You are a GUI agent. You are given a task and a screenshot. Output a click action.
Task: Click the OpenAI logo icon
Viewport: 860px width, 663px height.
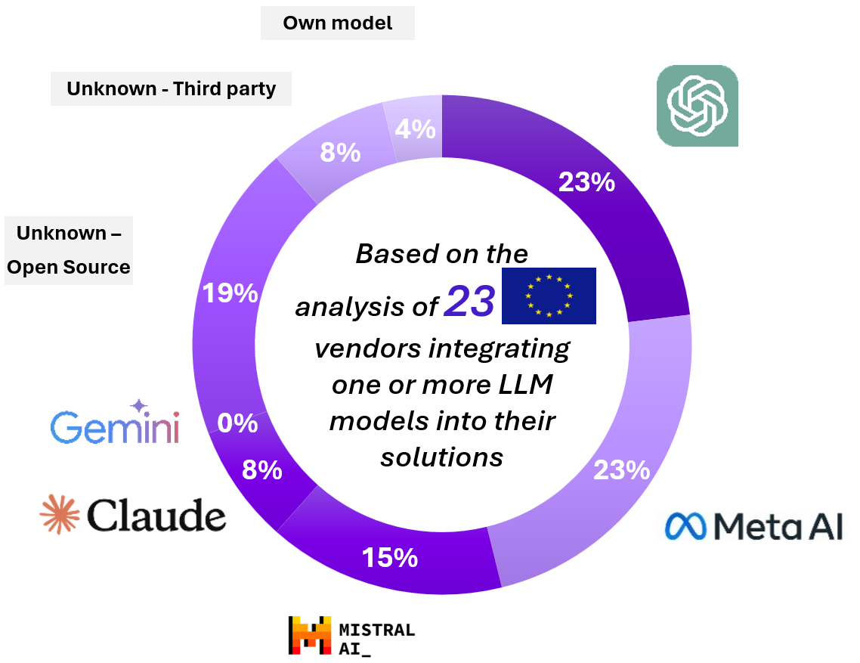697,105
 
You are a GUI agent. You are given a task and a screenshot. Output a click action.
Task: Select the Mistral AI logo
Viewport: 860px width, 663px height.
351,635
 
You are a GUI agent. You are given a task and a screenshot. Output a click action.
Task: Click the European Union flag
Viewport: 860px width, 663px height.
549,296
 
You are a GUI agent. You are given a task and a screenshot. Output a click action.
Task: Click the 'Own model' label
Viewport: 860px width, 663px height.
338,23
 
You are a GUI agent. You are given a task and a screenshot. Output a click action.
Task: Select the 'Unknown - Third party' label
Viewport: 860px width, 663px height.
172,88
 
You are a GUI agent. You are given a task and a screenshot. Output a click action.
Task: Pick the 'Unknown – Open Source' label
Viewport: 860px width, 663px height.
69,250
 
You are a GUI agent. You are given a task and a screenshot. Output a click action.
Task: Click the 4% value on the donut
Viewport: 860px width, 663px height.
416,129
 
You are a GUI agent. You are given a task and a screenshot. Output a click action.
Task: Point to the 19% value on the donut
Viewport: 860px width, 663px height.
230,293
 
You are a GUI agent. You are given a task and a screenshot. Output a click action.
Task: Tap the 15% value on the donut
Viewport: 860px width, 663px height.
389,558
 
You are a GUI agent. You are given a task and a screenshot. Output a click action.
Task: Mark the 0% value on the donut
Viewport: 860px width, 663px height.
237,423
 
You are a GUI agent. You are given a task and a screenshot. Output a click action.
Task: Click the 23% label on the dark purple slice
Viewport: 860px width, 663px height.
586,181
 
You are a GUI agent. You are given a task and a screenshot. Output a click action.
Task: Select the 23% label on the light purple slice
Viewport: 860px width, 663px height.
621,470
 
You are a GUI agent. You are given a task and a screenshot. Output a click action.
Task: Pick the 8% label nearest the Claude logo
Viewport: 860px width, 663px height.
261,470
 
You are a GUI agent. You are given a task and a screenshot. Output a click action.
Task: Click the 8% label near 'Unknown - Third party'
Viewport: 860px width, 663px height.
340,153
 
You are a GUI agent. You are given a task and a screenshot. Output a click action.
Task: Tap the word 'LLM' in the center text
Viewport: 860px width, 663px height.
518,385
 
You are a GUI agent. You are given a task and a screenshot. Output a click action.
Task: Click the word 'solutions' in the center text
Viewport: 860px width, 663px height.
441,457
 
